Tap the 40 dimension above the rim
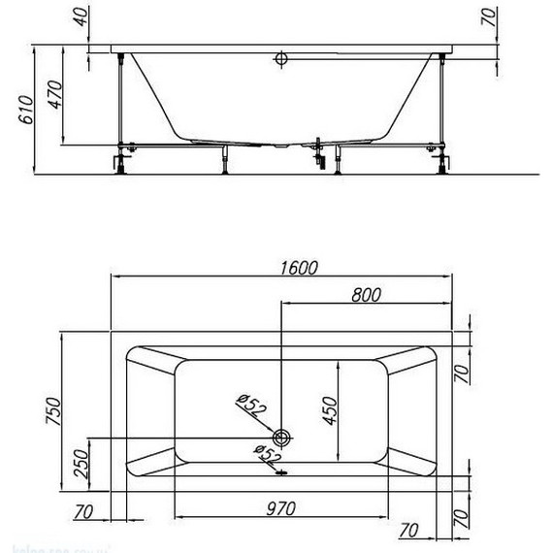pyautogui.click(x=80, y=16)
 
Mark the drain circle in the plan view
pyautogui.click(x=282, y=437)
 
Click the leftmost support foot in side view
pyautogui.click(x=123, y=157)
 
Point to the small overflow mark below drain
pyautogui.click(x=282, y=473)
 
